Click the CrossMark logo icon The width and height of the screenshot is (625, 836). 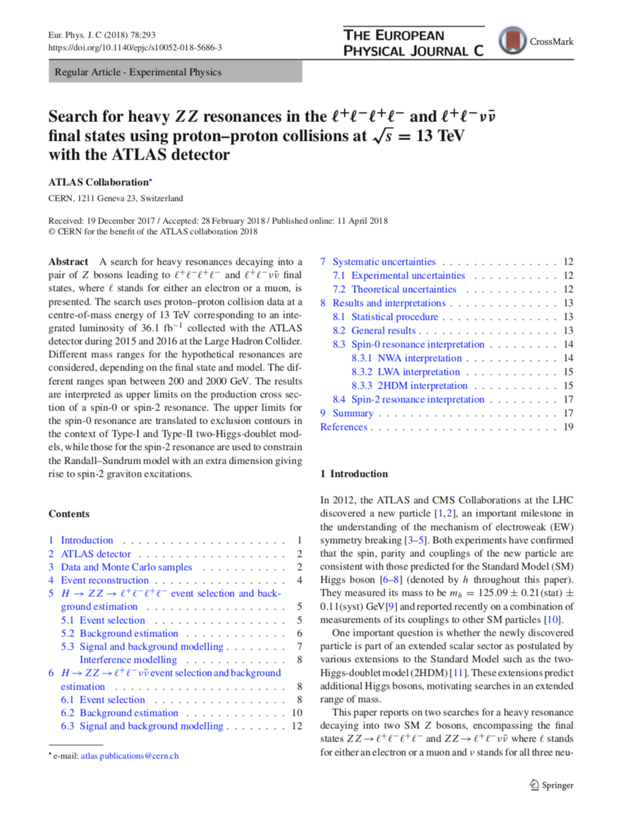[x=512, y=41]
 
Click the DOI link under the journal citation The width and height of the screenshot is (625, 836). [x=135, y=48]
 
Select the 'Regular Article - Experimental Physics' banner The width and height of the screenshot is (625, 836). [x=175, y=72]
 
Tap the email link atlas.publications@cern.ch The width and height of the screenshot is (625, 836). [x=130, y=756]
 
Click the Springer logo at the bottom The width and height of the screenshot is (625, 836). [x=551, y=785]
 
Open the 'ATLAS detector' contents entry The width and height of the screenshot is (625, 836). [x=96, y=554]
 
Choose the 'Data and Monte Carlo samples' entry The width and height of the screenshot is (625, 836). [x=127, y=567]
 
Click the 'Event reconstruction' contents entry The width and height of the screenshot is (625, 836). [x=105, y=580]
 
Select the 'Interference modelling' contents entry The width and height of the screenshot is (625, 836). [x=128, y=660]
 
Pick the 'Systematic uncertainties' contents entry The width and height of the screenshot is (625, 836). [x=384, y=262]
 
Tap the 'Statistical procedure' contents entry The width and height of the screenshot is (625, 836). [x=395, y=317]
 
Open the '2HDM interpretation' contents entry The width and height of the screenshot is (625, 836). [x=422, y=385]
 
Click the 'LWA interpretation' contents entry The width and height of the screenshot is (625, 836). [x=418, y=372]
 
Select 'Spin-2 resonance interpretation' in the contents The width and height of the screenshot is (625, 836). [x=418, y=399]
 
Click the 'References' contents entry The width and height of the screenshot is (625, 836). [x=344, y=427]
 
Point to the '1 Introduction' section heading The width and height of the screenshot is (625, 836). [x=354, y=474]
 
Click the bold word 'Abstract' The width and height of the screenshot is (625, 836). [x=68, y=262]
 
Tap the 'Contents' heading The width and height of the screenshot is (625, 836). [x=69, y=514]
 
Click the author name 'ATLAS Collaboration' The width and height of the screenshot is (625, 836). [x=98, y=182]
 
